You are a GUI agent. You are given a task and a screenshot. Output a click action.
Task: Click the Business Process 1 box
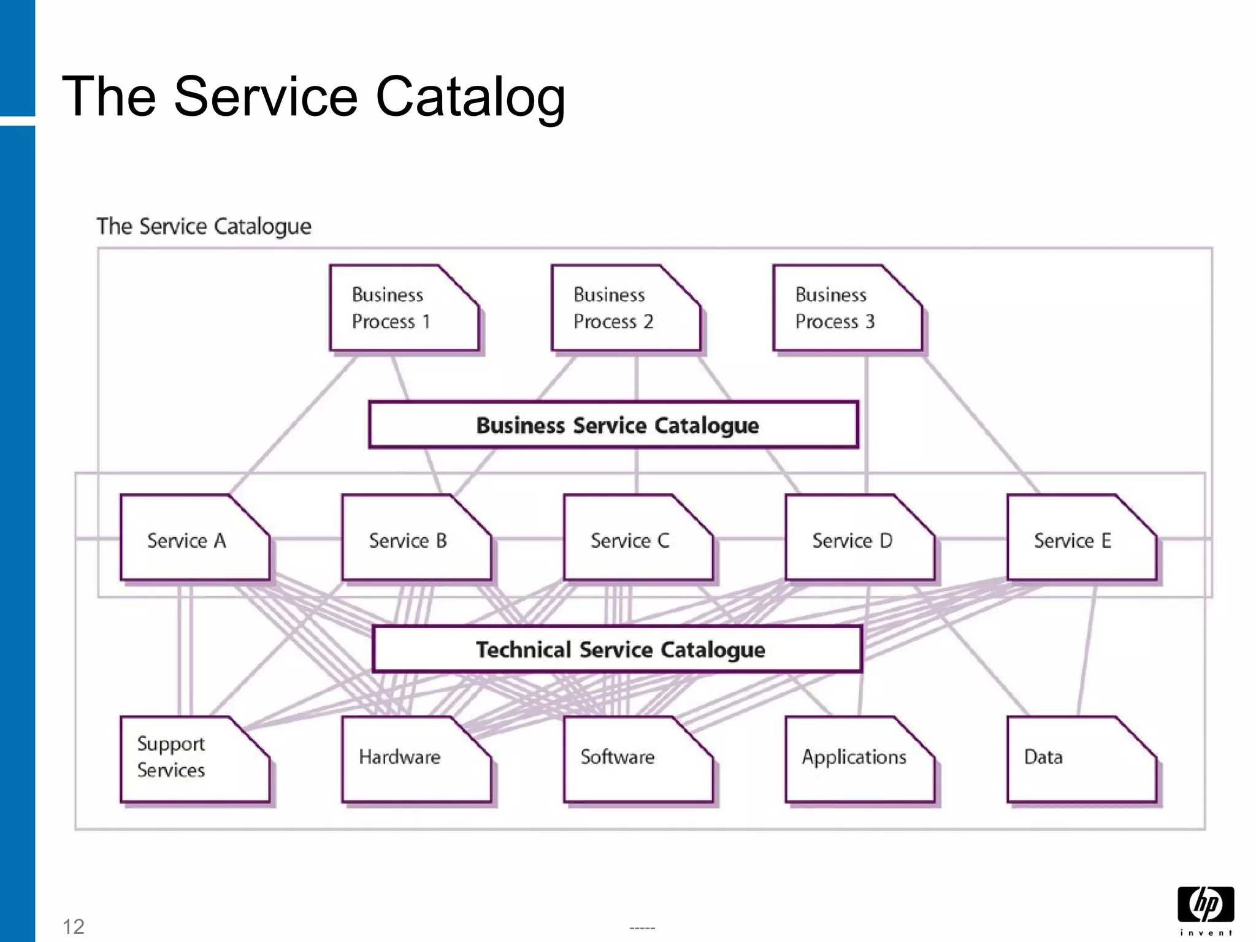click(x=403, y=308)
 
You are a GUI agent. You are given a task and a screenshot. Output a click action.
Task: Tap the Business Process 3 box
click(x=846, y=308)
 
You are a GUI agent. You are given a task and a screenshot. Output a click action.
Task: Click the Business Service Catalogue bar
click(x=613, y=425)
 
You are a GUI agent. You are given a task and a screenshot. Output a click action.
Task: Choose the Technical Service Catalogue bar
click(x=617, y=649)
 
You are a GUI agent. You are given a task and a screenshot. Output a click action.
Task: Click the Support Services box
click(x=194, y=759)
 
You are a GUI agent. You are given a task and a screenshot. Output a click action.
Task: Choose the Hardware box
click(x=416, y=759)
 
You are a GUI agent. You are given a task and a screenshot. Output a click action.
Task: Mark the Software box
click(x=637, y=759)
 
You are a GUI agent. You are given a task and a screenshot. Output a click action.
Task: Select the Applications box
click(x=859, y=759)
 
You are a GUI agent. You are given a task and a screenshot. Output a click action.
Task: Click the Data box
click(x=1081, y=759)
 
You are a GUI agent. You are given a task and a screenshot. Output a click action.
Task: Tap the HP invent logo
click(x=1206, y=910)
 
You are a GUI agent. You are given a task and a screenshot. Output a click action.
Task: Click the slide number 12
click(x=74, y=926)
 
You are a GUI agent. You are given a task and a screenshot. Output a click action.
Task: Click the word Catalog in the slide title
click(x=470, y=96)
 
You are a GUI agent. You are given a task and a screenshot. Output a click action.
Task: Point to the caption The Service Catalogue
click(x=204, y=226)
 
